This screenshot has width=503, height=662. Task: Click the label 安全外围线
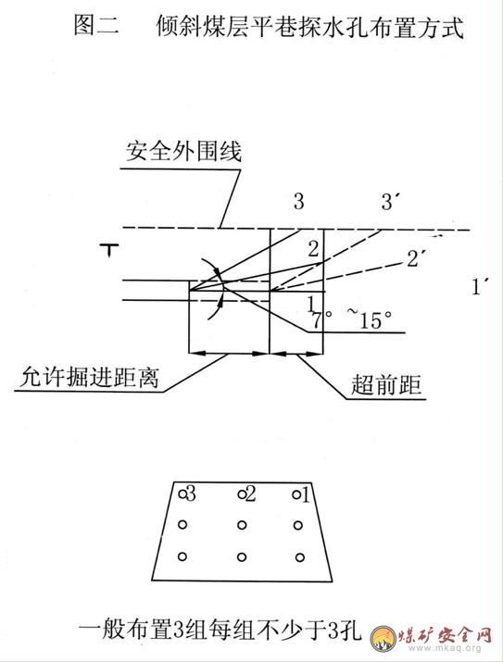[x=183, y=151]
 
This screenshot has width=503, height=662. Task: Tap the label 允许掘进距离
[x=89, y=377]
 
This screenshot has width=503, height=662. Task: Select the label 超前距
[x=386, y=384]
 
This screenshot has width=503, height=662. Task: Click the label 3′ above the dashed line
[x=390, y=202]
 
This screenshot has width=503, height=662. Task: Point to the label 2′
[x=416, y=258]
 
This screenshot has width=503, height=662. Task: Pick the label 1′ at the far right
[x=479, y=287]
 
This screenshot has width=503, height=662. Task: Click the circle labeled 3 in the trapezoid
[x=182, y=493]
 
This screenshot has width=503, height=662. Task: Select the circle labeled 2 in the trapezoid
[x=242, y=493]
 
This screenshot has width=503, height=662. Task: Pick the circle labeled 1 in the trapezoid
[x=297, y=494]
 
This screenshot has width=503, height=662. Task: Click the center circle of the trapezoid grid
[x=242, y=525]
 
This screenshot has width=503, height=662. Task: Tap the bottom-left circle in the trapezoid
[x=182, y=556]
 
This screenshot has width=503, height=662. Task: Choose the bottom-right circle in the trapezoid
[x=299, y=557]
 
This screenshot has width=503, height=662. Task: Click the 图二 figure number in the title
[x=96, y=25]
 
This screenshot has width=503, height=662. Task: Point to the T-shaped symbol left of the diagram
[x=110, y=250]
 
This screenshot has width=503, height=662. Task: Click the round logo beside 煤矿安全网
[x=384, y=638]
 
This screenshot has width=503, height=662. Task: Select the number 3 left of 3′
[x=298, y=202]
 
